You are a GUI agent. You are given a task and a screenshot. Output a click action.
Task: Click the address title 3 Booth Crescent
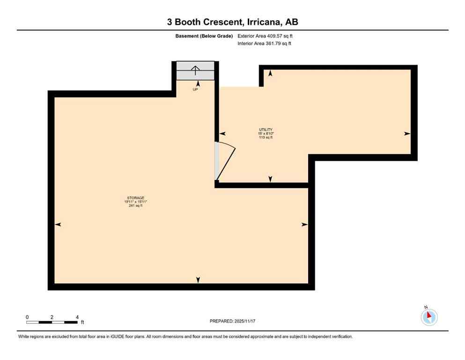[232, 22]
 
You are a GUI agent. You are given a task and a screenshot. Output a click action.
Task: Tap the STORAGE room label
[135, 197]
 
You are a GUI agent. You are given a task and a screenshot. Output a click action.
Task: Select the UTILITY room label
[266, 129]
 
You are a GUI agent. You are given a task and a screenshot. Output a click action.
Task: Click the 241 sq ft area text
[135, 205]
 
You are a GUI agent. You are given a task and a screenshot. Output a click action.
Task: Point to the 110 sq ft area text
[266, 138]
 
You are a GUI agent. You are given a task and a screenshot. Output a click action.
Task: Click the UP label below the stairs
[195, 89]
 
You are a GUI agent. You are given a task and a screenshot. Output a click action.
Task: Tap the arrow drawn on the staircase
[195, 71]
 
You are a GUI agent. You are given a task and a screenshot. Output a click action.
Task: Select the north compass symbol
[429, 317]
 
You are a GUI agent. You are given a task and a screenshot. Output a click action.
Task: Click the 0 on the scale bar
[27, 317]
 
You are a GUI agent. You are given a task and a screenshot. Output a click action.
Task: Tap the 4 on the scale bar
[77, 317]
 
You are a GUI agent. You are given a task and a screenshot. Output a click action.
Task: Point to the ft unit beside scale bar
[82, 322]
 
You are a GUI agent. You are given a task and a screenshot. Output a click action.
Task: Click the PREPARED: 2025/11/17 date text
[232, 321]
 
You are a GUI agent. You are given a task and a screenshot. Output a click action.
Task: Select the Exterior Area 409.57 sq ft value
[266, 36]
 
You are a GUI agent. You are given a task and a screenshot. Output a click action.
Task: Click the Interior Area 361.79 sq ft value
[266, 44]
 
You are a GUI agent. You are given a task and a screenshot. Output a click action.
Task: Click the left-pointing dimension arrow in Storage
[58, 225]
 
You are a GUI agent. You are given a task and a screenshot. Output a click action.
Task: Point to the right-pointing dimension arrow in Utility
[407, 134]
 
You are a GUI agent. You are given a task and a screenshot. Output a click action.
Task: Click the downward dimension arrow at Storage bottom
[198, 280]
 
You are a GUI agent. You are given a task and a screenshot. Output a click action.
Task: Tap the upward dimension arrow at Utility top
[270, 73]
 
